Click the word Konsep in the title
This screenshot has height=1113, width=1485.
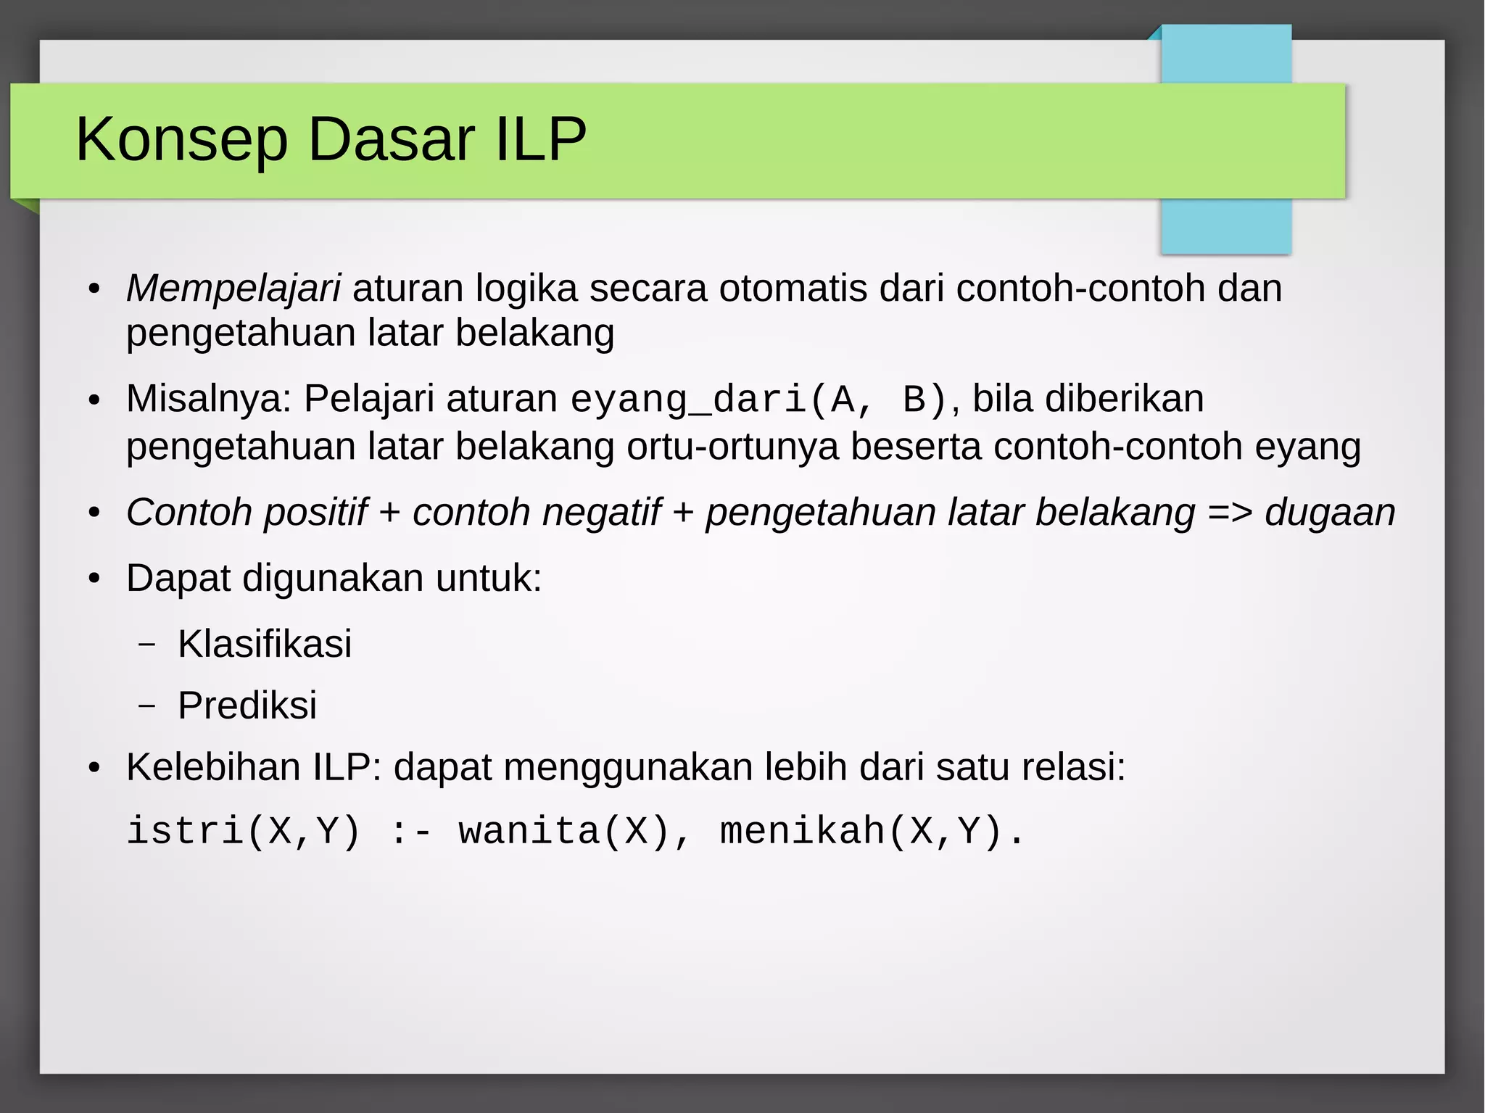[x=182, y=139]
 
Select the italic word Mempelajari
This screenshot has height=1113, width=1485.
[x=233, y=288]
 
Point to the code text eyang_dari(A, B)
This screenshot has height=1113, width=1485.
[x=758, y=400]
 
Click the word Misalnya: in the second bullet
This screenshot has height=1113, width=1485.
[x=209, y=399]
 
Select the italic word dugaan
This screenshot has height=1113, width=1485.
[x=1330, y=512]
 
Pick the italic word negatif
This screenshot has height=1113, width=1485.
[x=601, y=512]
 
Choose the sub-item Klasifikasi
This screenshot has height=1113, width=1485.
[x=265, y=643]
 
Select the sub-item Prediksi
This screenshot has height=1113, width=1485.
[x=247, y=705]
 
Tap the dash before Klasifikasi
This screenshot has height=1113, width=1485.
[x=147, y=644]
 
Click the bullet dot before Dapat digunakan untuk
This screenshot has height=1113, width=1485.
[x=94, y=579]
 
